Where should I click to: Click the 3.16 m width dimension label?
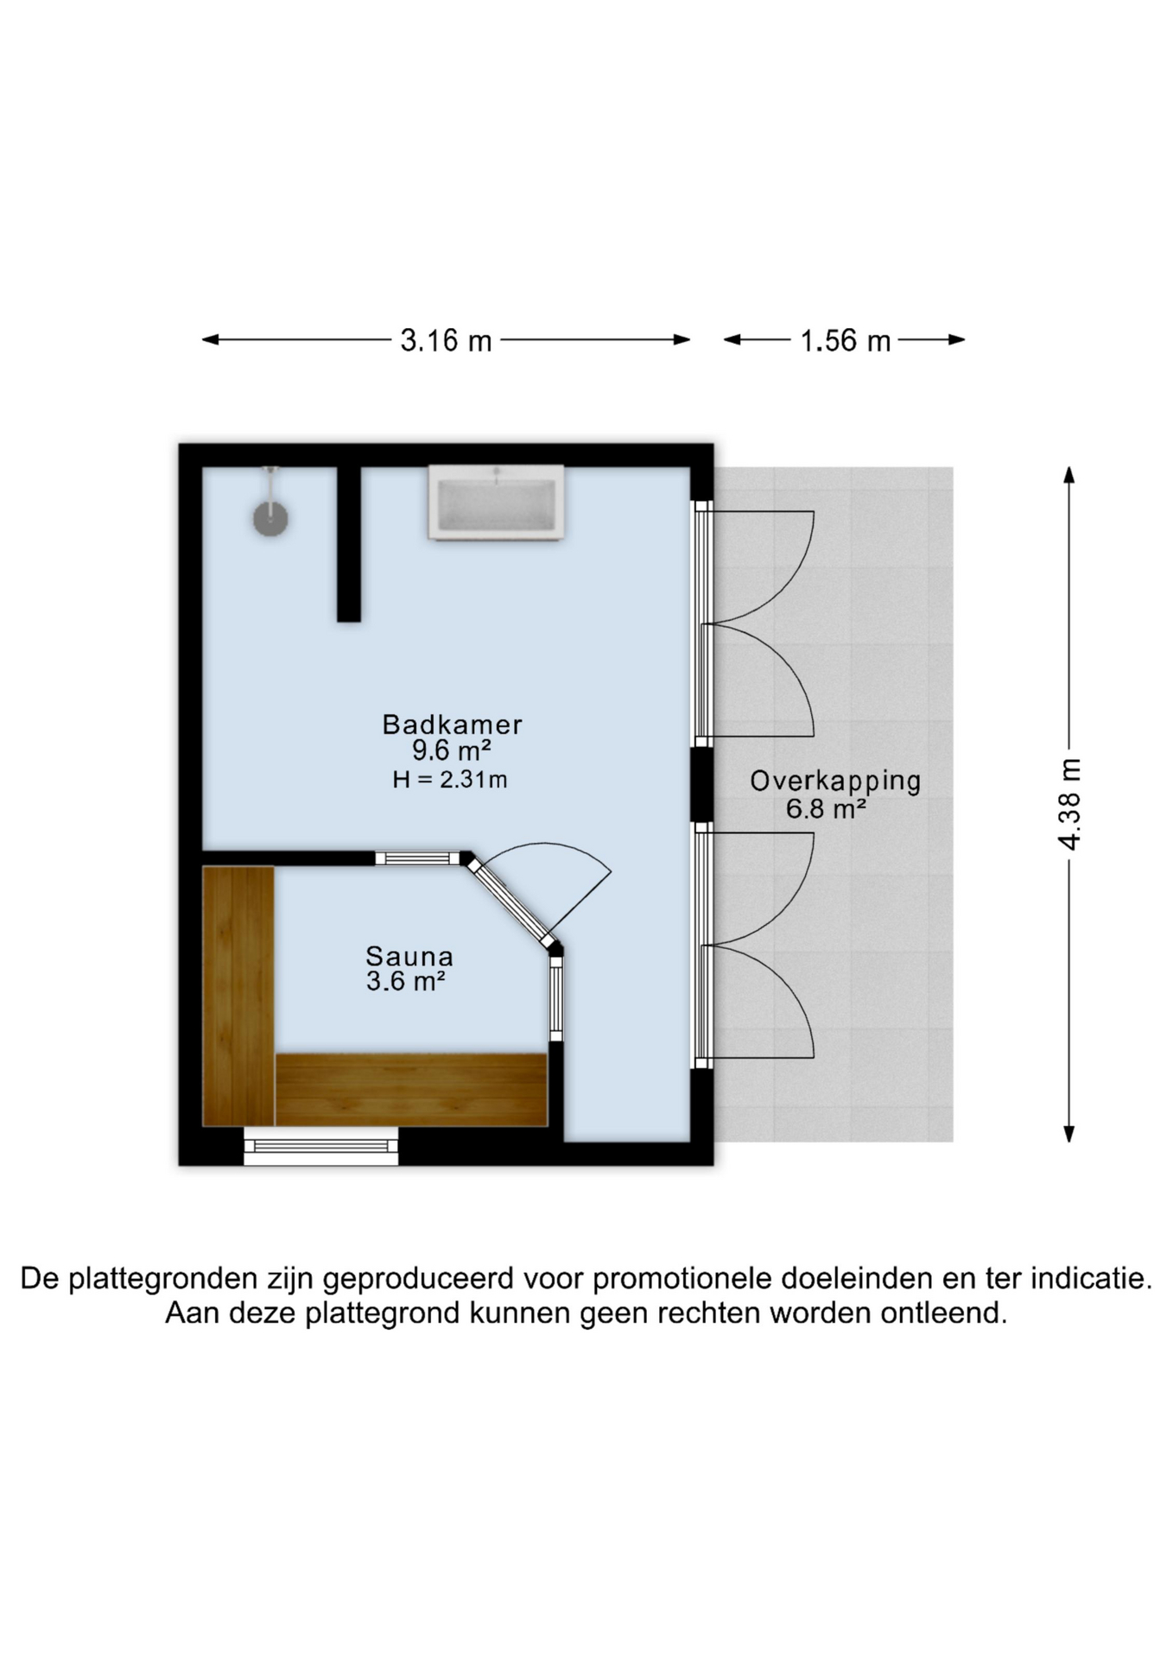446,340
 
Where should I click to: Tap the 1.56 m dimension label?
845,340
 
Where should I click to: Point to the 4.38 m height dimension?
1069,804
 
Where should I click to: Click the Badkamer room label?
453,724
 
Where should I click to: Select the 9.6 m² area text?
451,750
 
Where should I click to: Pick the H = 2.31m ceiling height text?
450,780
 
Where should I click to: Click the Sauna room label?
409,956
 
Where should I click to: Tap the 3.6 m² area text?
406,981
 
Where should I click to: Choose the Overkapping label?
835,782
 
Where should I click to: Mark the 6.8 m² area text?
826,809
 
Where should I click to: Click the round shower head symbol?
270,519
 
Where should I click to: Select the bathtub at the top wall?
497,503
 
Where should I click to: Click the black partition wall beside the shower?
349,544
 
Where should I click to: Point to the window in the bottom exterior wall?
321,1146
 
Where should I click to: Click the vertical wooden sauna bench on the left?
238,997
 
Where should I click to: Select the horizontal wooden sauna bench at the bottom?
412,1090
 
